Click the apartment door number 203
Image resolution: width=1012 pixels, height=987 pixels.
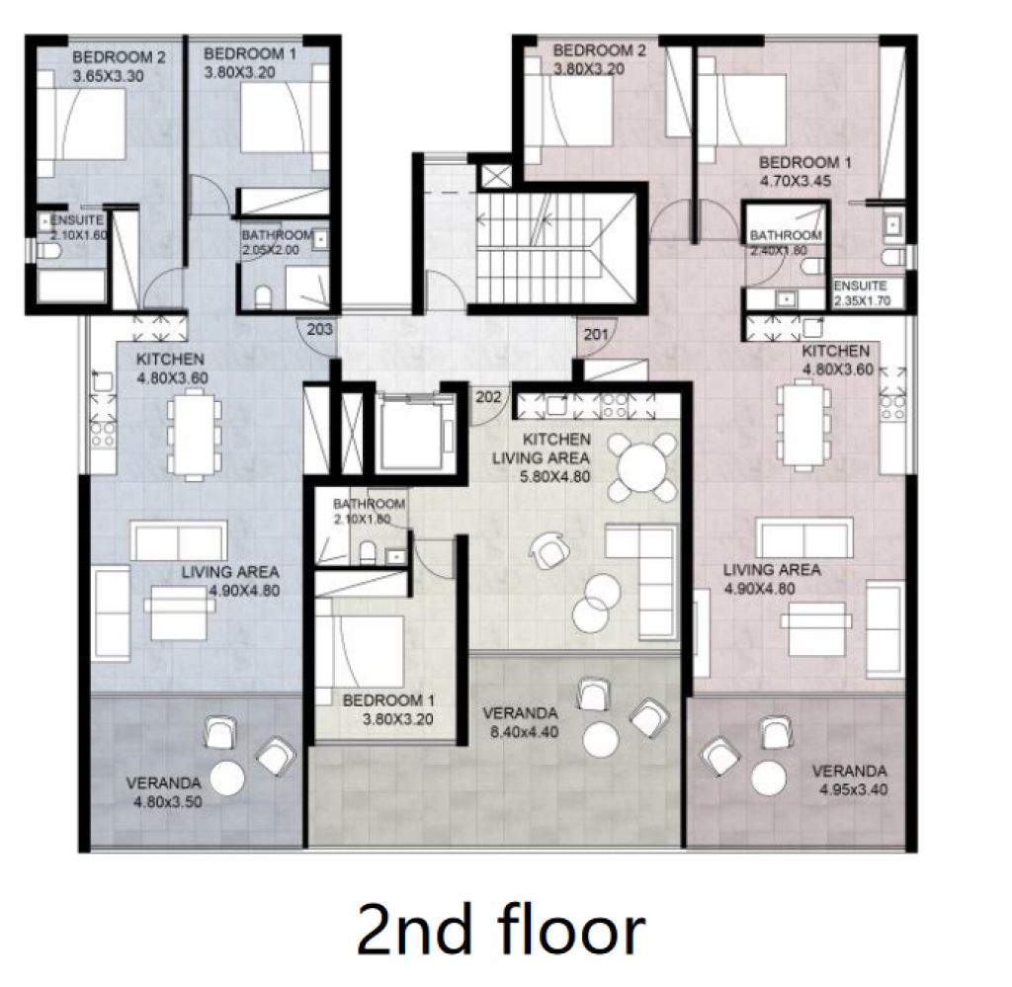coord(319,329)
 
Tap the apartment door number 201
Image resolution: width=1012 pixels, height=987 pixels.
coord(596,334)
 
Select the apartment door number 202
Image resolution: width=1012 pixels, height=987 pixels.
coord(488,397)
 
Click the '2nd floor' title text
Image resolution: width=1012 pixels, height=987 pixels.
coord(500,930)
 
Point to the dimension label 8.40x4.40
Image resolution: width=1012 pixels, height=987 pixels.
coord(524,732)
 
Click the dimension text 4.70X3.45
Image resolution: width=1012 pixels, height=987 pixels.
coord(796,181)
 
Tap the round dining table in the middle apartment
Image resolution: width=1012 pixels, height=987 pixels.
coord(642,468)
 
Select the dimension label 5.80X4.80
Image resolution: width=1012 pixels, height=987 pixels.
coord(555,477)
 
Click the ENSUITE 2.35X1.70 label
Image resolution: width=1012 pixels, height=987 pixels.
coord(862,292)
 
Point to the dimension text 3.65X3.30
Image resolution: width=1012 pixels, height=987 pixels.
coord(109,76)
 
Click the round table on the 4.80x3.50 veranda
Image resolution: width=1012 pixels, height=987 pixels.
coord(227,778)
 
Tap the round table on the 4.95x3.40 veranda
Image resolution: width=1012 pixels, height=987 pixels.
coord(769,778)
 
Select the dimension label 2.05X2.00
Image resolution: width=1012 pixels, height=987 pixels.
coord(271,250)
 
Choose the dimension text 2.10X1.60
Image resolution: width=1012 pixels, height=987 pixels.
coord(79,235)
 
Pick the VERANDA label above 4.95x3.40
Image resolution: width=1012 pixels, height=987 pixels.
coord(849,771)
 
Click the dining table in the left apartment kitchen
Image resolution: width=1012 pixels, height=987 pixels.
coord(195,438)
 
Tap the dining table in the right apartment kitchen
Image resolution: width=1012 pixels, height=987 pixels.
coord(803,425)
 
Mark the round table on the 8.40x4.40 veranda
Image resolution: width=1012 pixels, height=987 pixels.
coord(601,739)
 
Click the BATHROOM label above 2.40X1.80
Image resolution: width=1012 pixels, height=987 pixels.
coord(786,235)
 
